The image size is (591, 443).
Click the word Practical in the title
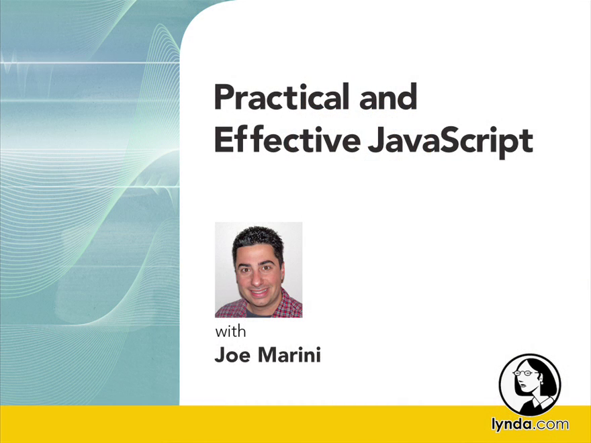point(282,97)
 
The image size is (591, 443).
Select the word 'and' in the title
point(388,97)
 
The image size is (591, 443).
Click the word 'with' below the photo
point(230,332)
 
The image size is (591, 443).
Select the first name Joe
point(232,355)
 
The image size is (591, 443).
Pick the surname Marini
point(289,355)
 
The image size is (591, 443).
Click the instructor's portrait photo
point(259,270)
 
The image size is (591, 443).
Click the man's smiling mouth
point(259,293)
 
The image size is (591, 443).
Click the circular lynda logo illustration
point(530,385)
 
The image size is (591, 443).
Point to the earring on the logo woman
point(541,383)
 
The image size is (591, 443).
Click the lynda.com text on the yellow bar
point(531,424)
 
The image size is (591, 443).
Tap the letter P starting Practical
point(224,97)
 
